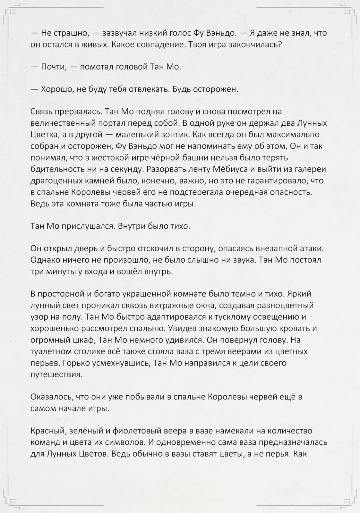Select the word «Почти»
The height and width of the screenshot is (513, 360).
(53, 67)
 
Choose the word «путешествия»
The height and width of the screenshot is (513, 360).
(56, 374)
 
